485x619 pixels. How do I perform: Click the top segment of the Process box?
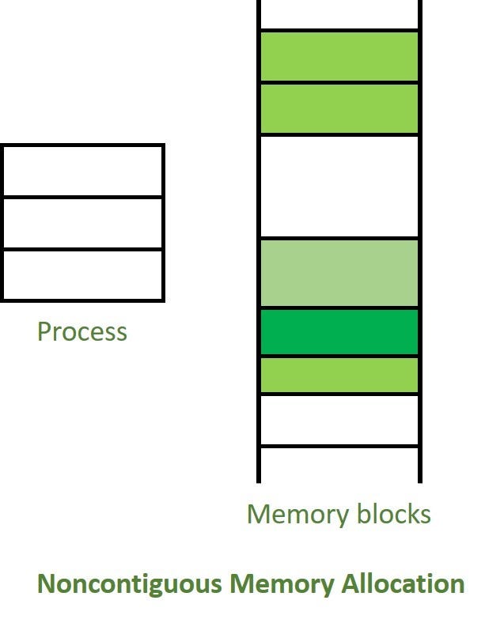click(x=83, y=171)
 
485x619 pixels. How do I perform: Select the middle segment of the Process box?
click(x=83, y=224)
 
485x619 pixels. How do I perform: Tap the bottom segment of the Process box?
click(x=83, y=275)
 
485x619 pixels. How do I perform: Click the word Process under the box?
click(x=82, y=331)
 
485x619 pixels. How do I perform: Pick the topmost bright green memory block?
click(x=339, y=56)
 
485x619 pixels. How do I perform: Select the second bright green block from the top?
click(x=339, y=108)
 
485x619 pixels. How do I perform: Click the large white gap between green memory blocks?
click(x=339, y=187)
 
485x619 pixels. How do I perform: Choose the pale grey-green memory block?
click(x=339, y=273)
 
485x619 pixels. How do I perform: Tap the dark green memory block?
click(x=339, y=332)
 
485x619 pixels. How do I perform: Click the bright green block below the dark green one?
click(x=339, y=375)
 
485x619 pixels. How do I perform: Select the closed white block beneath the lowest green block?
click(x=339, y=420)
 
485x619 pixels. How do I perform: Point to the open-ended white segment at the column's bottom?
click(x=339, y=466)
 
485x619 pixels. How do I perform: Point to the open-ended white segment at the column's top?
click(x=339, y=14)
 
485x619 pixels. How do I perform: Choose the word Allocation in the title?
click(x=403, y=583)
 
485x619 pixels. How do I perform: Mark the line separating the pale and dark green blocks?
click(x=339, y=308)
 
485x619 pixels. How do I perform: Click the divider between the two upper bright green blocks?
click(x=339, y=82)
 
